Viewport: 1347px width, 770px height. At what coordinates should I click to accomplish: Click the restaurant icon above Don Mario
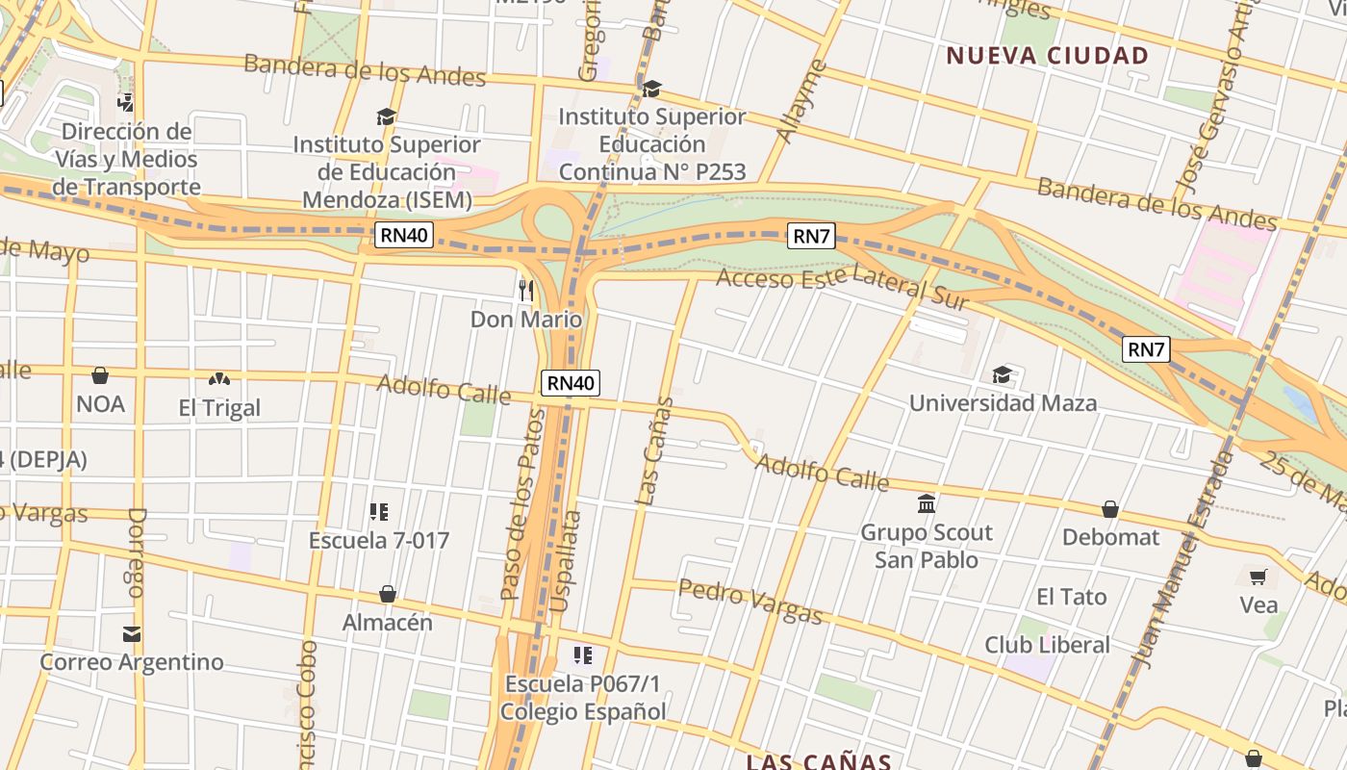[525, 290]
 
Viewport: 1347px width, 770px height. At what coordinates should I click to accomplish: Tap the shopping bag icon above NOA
[100, 375]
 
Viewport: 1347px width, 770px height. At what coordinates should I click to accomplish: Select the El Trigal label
[219, 408]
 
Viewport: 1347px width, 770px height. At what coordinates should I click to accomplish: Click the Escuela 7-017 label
[379, 540]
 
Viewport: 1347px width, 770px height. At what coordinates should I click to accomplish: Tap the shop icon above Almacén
[388, 594]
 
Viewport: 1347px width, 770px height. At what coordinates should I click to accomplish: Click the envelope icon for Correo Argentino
[132, 634]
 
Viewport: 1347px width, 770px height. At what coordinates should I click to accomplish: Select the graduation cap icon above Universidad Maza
[1003, 374]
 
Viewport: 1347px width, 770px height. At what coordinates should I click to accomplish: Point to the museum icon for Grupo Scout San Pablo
[927, 503]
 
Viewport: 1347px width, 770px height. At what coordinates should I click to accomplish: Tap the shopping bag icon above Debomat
[1110, 509]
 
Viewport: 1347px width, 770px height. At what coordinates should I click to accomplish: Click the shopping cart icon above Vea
[1258, 577]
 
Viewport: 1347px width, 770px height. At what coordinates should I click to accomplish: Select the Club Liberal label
[1047, 645]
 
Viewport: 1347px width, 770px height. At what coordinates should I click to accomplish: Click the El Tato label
[1072, 597]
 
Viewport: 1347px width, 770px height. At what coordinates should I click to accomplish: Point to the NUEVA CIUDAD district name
[1047, 56]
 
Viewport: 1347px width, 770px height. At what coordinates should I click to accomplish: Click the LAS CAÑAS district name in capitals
[819, 761]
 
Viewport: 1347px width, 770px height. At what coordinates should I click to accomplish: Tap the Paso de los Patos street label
[522, 505]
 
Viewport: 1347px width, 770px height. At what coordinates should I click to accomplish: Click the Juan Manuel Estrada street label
[1182, 558]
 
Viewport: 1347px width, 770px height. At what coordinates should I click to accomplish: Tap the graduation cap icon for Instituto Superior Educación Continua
[651, 90]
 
